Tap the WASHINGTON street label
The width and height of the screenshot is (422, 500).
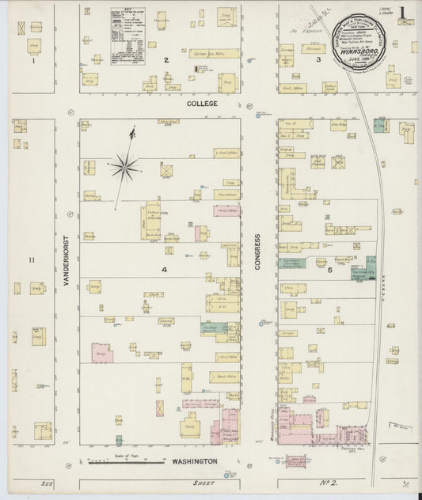tap(191, 460)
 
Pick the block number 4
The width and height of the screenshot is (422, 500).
tap(165, 271)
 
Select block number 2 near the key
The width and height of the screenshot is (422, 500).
tap(166, 60)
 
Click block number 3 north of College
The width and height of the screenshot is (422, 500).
tap(318, 59)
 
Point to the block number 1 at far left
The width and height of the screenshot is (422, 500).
tap(32, 60)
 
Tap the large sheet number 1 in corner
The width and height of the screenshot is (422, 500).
tap(402, 13)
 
